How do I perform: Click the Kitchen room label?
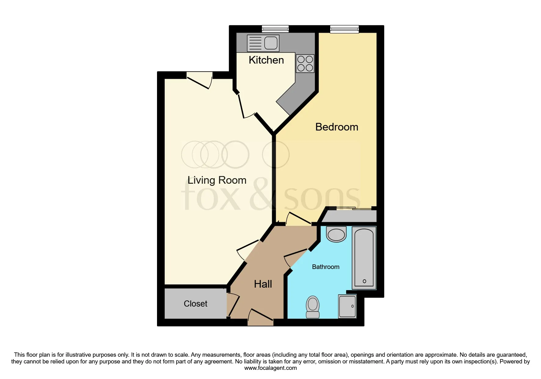266,60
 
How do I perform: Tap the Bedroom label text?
337,127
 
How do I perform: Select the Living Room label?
217,180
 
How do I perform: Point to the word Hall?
263,284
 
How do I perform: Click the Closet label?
196,304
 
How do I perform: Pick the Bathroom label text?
326,267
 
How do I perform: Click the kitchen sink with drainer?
263,43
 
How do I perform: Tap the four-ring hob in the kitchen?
305,64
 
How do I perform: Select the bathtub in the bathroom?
364,258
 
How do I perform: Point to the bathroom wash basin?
336,234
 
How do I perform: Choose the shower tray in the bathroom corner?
347,306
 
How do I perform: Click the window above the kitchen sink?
275,29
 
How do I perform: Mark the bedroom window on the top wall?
344,29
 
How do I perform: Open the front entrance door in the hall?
260,318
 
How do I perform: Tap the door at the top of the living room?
199,80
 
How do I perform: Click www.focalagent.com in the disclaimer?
270,368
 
